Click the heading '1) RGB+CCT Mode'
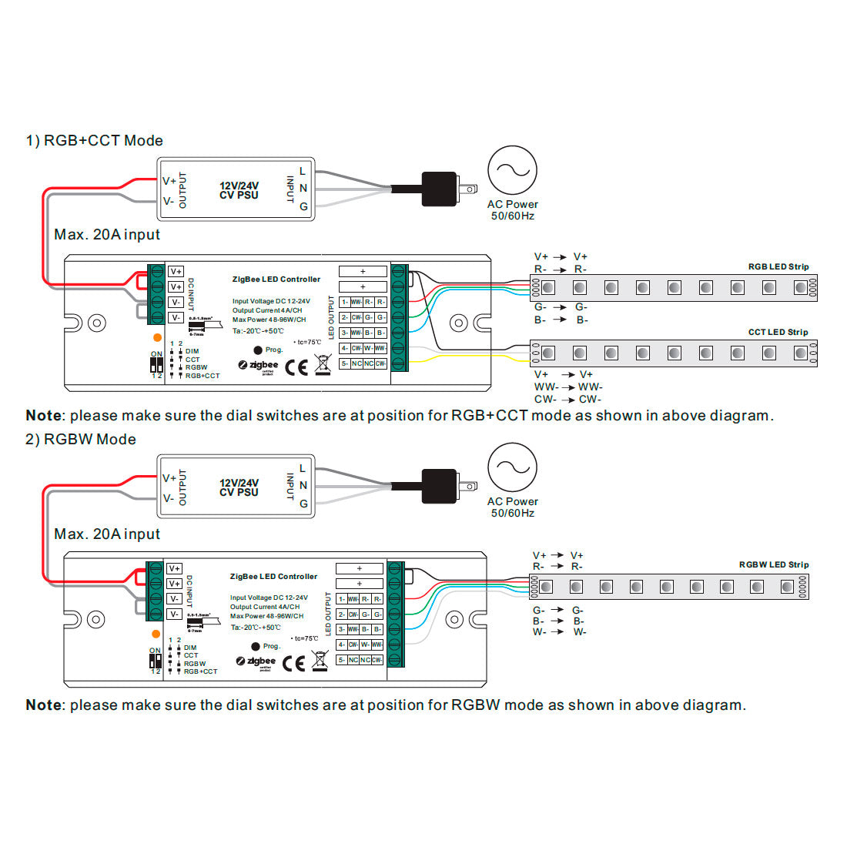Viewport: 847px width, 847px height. pyautogui.click(x=95, y=141)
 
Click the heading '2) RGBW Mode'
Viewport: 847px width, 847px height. pyautogui.click(x=81, y=440)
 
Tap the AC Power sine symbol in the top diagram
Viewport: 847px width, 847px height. pyautogui.click(x=512, y=171)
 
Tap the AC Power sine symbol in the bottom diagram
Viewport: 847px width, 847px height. pyautogui.click(x=512, y=468)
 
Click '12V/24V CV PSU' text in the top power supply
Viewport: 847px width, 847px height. pyautogui.click(x=239, y=190)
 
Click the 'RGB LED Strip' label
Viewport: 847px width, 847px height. pyautogui.click(x=778, y=267)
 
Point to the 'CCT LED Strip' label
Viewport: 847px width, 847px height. pyautogui.click(x=778, y=333)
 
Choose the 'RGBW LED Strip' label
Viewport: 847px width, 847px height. pyautogui.click(x=773, y=565)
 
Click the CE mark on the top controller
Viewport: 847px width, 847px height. pyautogui.click(x=296, y=367)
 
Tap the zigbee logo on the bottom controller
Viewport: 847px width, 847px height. pyautogui.click(x=256, y=661)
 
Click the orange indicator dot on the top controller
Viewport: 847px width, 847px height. pyautogui.click(x=157, y=337)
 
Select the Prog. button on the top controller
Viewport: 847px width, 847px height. pyautogui.click(x=258, y=350)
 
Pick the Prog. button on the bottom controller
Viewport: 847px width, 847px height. pyautogui.click(x=256, y=647)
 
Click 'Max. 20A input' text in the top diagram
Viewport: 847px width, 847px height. pyautogui.click(x=107, y=235)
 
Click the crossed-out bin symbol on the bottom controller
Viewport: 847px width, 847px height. pyautogui.click(x=319, y=661)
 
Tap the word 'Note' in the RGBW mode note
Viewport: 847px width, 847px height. pyautogui.click(x=43, y=705)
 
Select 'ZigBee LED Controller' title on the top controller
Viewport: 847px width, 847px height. pyautogui.click(x=276, y=280)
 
